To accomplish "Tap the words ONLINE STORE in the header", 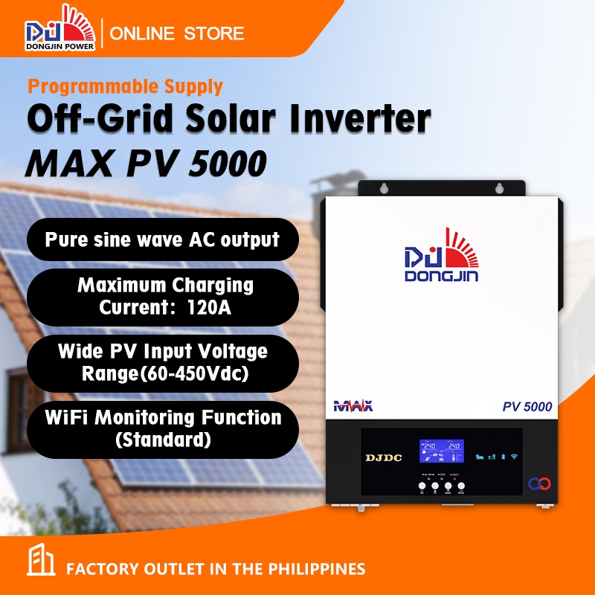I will [x=177, y=33].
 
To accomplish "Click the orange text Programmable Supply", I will [x=125, y=86].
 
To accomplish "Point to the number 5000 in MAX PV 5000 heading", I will [x=227, y=163].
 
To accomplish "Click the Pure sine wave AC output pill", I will [x=162, y=239].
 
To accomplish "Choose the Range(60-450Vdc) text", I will [x=162, y=373].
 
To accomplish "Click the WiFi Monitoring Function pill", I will [x=162, y=428].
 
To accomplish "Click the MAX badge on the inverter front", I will [x=354, y=406].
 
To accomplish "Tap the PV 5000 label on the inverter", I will [x=527, y=407].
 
